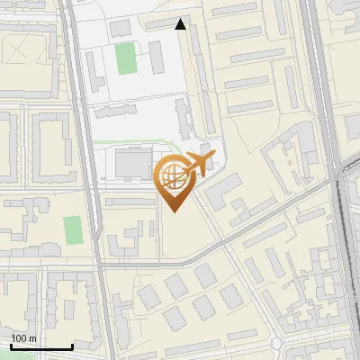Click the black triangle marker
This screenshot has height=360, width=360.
pyautogui.click(x=181, y=24)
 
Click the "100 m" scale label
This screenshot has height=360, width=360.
pyautogui.click(x=23, y=338)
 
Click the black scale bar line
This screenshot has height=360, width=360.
pyautogui.click(x=40, y=346)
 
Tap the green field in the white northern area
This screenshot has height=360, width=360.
pyautogui.click(x=125, y=58)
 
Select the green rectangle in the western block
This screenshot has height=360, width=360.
pyautogui.click(x=72, y=229)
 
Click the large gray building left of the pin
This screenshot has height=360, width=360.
pyautogui.click(x=133, y=165)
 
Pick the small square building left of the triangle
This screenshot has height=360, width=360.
pyautogui.click(x=120, y=28)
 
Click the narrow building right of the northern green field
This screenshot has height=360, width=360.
pyautogui.click(x=155, y=58)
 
